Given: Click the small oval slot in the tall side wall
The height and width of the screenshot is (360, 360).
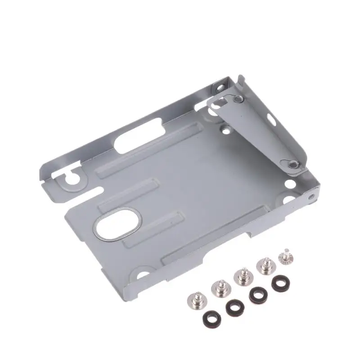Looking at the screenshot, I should point(272,119).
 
